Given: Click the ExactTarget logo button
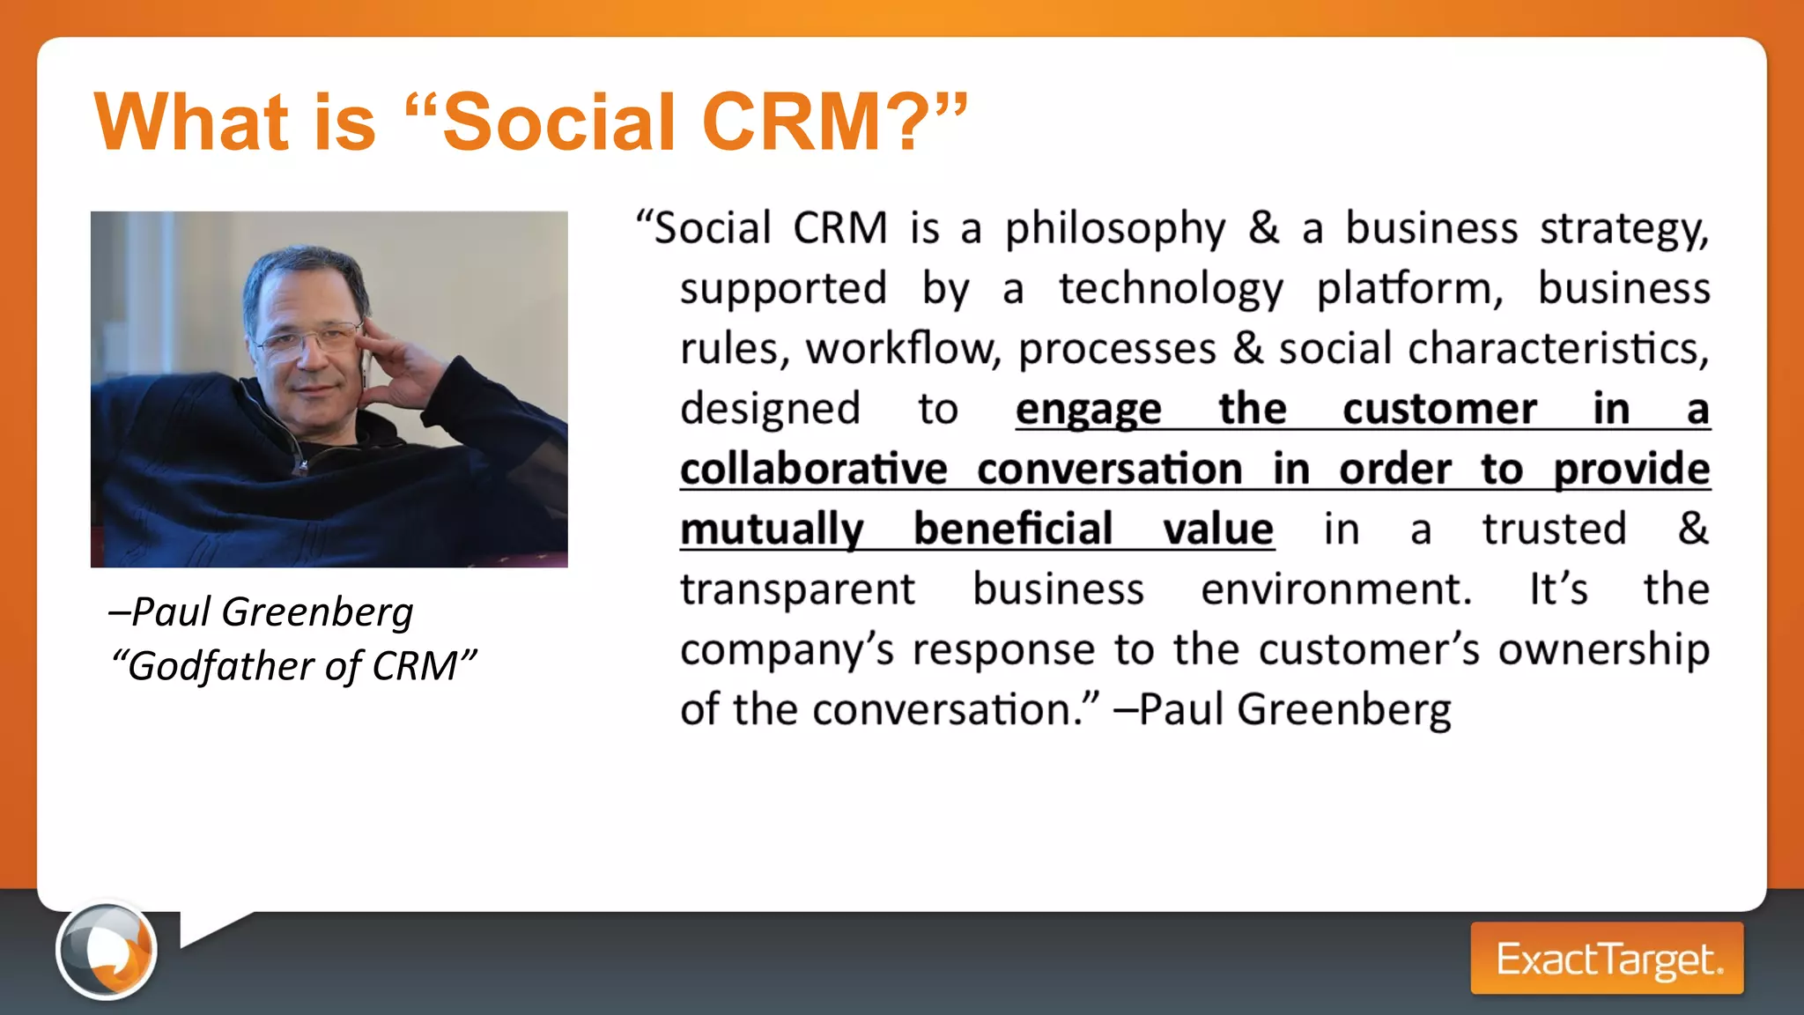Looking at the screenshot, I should (1607, 959).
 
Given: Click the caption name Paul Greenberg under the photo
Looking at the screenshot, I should (271, 612).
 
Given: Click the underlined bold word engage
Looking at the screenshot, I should (1088, 410).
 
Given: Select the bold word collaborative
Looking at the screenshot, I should (813, 469).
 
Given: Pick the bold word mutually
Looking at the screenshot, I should (772, 530).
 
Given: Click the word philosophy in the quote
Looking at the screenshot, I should (1115, 229).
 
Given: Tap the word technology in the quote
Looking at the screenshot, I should (1171, 289).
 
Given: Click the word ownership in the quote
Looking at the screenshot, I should (1603, 650).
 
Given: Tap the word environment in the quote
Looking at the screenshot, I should (1335, 589).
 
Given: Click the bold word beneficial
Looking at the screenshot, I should (1013, 530).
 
